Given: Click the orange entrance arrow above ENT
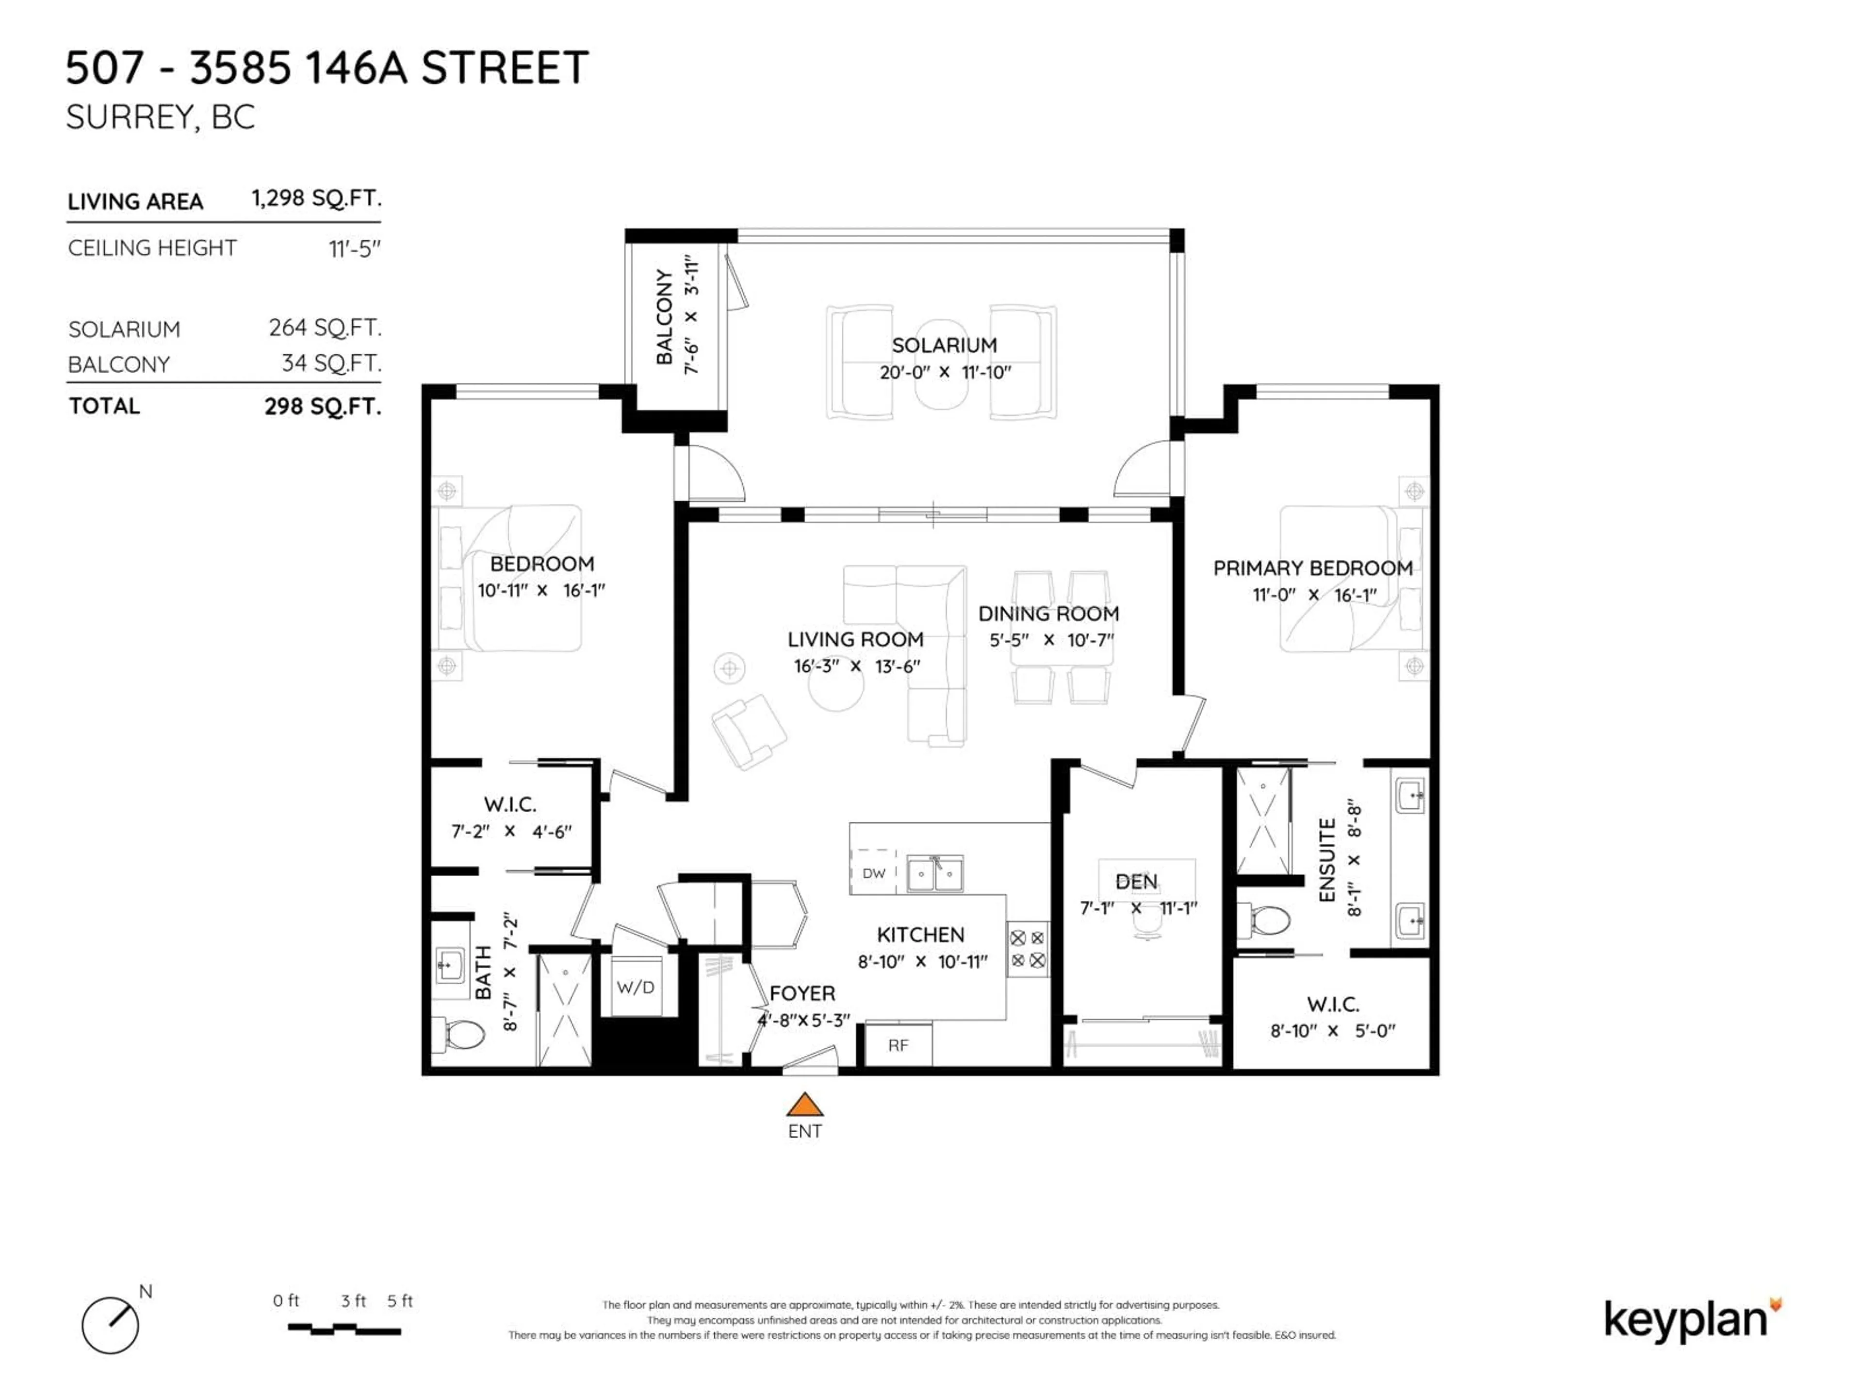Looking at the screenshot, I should pyautogui.click(x=804, y=1105).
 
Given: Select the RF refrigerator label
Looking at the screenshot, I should pyautogui.click(x=898, y=1045).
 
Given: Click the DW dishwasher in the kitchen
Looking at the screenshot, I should pyautogui.click(x=873, y=873).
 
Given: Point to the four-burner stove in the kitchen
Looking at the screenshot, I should pyautogui.click(x=1028, y=949).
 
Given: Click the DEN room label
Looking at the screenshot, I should pyautogui.click(x=1136, y=882).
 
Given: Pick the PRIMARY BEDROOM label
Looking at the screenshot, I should pyautogui.click(x=1312, y=569).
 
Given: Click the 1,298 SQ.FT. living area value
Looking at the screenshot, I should pyautogui.click(x=316, y=199).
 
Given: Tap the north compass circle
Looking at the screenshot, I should pyautogui.click(x=110, y=1325).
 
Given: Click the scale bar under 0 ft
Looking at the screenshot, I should pyautogui.click(x=343, y=1330).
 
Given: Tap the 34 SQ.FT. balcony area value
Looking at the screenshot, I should pyautogui.click(x=331, y=364).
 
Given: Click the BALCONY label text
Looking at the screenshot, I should pyautogui.click(x=665, y=317).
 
